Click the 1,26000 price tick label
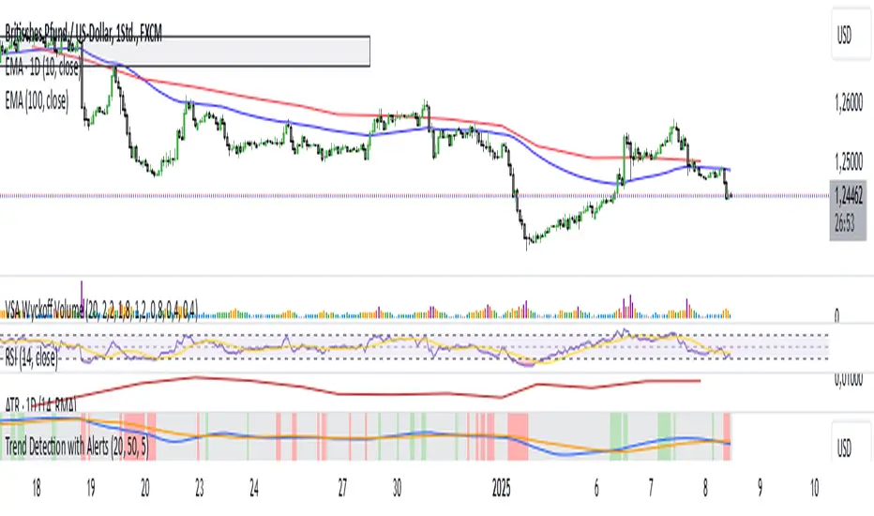[847, 108]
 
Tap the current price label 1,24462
[847, 196]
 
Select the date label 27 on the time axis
[344, 490]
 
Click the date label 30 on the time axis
[398, 490]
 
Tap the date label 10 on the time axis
[813, 490]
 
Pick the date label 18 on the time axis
[36, 490]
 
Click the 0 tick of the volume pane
[836, 317]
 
